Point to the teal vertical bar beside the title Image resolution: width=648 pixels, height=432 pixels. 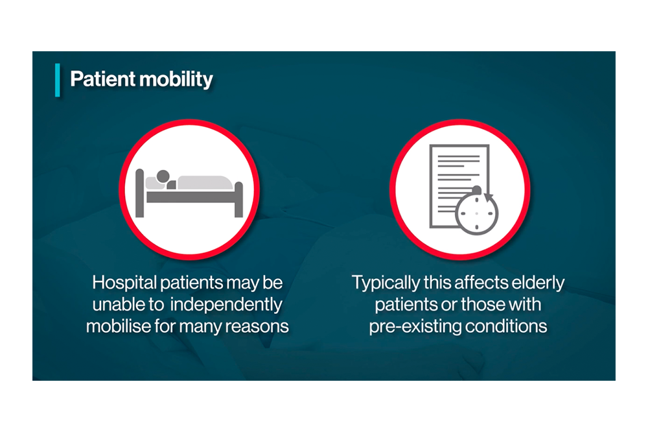click(x=58, y=80)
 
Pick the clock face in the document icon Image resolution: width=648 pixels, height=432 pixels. click(x=477, y=211)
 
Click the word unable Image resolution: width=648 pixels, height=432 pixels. click(x=115, y=304)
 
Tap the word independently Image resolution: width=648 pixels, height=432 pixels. click(x=227, y=304)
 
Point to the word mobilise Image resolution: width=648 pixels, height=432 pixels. click(x=115, y=325)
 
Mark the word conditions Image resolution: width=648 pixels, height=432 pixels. click(x=505, y=326)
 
